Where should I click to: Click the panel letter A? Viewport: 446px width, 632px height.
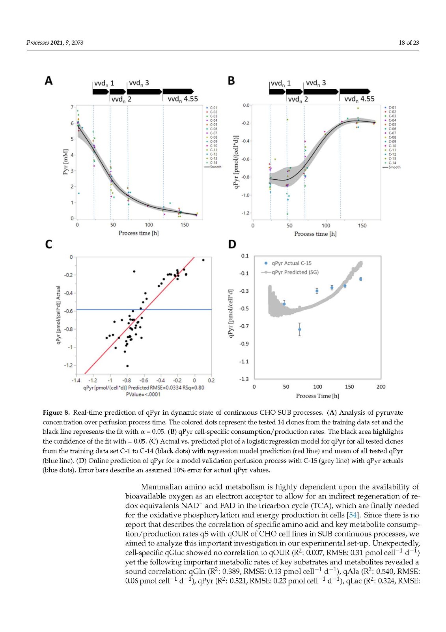point(49,81)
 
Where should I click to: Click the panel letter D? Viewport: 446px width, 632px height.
point(232,245)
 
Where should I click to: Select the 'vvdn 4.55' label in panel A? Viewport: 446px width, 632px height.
point(183,99)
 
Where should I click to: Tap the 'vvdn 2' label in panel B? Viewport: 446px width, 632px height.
point(298,99)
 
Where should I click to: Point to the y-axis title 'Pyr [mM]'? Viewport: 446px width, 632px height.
point(65,162)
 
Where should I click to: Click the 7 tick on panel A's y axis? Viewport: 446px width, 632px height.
point(72,107)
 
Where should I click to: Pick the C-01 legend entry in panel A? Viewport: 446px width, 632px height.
point(213,107)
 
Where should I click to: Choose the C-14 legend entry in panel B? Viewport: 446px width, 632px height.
point(392,163)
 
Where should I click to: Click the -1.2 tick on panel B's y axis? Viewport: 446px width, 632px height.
point(246,213)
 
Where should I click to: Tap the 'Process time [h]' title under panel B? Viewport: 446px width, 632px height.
point(315,234)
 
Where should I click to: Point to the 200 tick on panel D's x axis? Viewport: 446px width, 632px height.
point(381,387)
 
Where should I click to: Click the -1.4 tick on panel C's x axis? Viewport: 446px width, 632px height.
point(76,380)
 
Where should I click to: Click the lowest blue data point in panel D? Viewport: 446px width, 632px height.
point(300,329)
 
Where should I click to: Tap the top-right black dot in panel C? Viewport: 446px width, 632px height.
point(203,260)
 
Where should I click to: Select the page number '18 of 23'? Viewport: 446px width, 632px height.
point(409,43)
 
